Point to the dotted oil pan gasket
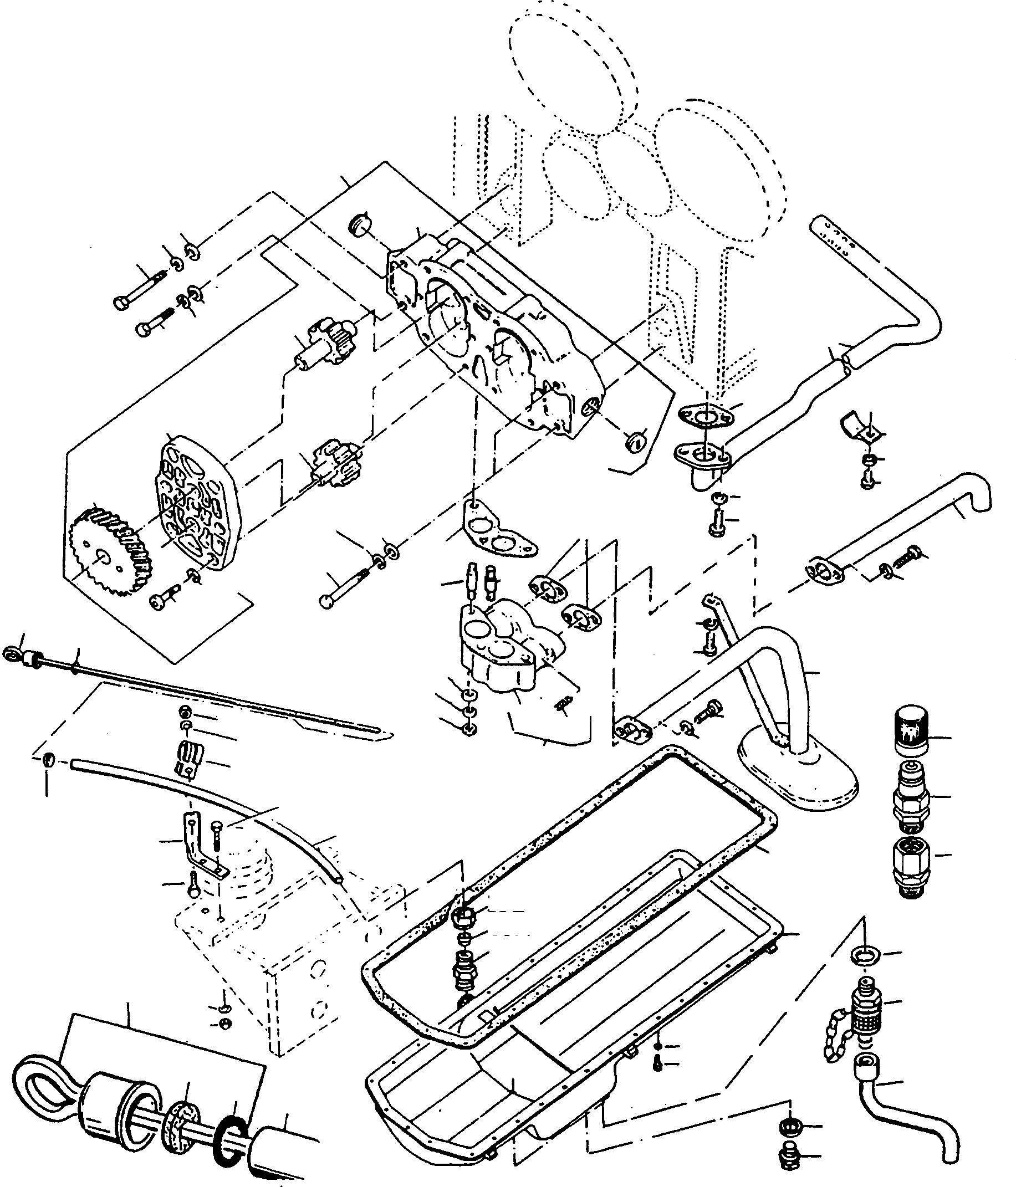coord(573,894)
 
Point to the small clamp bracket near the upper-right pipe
coord(858,427)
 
